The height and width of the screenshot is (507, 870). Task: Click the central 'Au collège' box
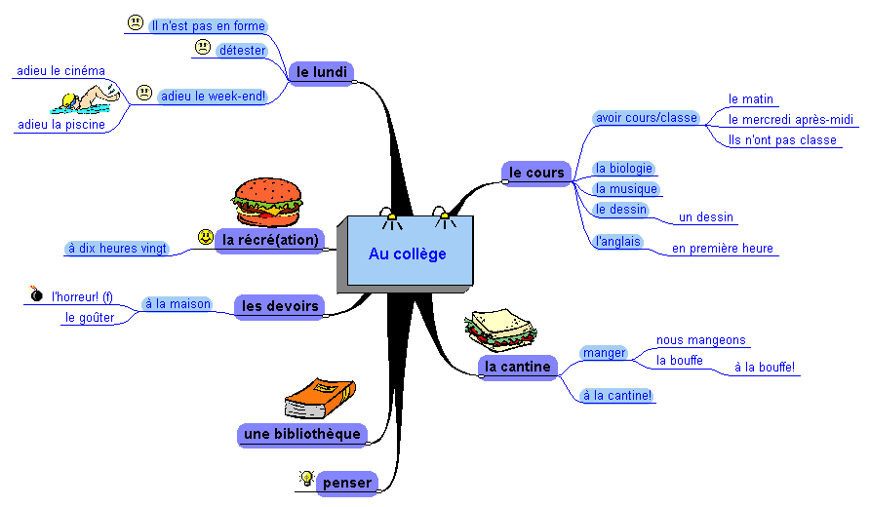(x=408, y=253)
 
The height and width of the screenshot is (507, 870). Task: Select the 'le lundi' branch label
(x=321, y=71)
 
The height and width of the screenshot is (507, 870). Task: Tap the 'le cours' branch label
(x=536, y=173)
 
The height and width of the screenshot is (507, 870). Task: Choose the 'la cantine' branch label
(x=518, y=367)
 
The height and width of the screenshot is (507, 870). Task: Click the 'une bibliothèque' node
(x=300, y=434)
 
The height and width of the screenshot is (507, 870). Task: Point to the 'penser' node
(x=346, y=483)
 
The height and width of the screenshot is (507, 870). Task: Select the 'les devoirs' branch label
(x=280, y=306)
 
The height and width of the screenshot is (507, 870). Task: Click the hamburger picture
(x=266, y=202)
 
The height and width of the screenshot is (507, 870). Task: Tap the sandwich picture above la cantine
(x=499, y=330)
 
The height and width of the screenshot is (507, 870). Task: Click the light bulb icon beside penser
(x=306, y=479)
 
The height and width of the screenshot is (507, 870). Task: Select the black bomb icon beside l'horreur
(x=36, y=293)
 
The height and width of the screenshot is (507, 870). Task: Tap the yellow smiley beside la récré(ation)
(x=205, y=237)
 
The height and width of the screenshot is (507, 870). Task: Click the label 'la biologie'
(x=623, y=169)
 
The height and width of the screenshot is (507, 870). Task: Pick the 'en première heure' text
(x=722, y=249)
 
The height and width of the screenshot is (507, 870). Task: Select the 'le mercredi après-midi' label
(x=790, y=120)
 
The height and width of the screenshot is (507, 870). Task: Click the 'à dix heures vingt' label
(x=117, y=249)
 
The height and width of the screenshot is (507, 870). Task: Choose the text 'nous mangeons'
(x=700, y=341)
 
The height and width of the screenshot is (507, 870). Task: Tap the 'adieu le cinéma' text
(x=61, y=71)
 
